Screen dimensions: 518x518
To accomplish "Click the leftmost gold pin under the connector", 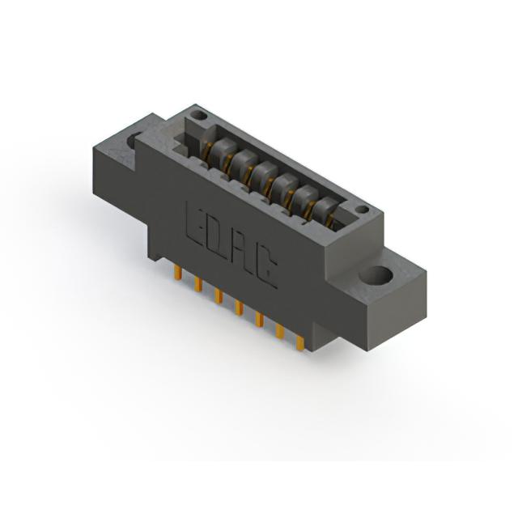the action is click(178, 273).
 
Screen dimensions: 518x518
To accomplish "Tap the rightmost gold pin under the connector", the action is click(300, 342).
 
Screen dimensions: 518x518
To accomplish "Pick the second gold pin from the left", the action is click(198, 284).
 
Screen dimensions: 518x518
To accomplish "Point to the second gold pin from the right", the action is click(280, 331).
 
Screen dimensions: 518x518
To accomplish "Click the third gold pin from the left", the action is click(219, 296).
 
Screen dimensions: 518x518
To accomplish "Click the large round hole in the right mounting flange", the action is click(376, 276).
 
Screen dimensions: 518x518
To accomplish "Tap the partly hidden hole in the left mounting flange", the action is click(133, 139).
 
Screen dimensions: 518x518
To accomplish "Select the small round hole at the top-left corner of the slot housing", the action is click(200, 116).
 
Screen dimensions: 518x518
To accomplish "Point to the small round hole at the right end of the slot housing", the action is click(363, 210).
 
